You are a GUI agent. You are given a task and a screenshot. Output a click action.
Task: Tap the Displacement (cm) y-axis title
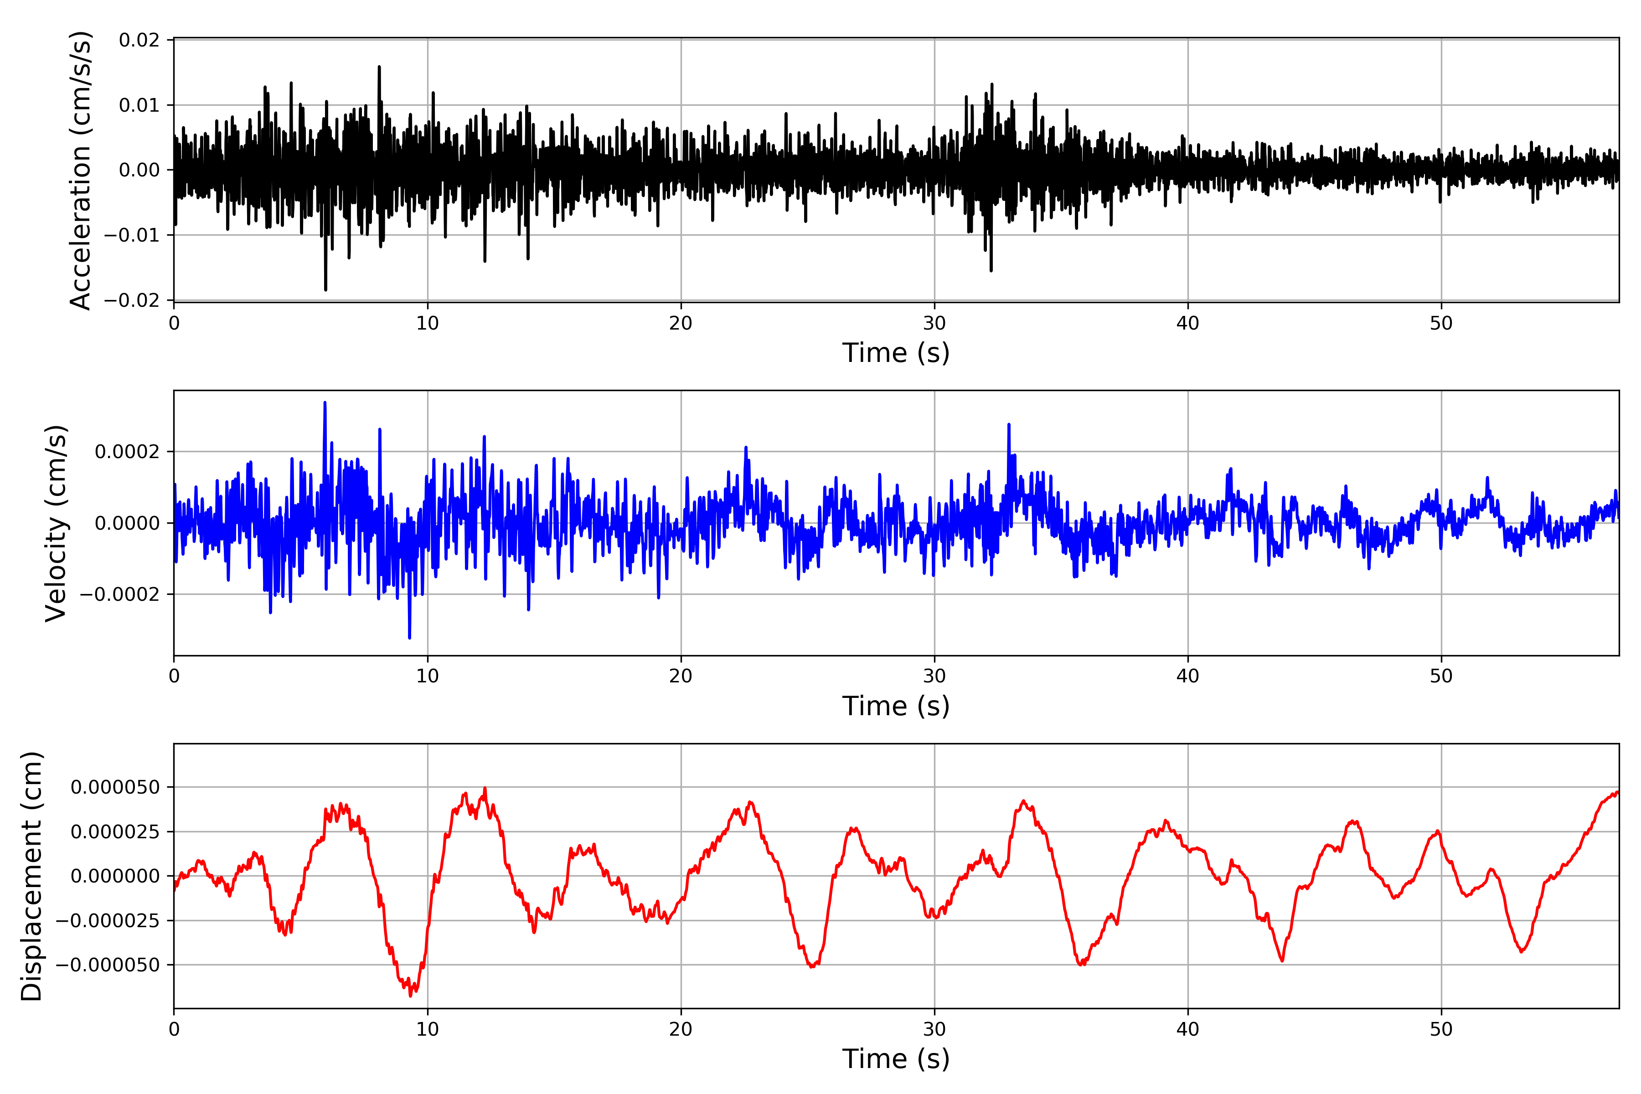[x=31, y=876]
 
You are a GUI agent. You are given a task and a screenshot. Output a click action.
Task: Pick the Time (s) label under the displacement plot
[x=896, y=1059]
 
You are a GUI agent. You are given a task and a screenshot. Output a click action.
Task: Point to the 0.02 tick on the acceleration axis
[x=139, y=41]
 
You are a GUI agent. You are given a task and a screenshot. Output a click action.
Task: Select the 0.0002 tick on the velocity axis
[x=127, y=452]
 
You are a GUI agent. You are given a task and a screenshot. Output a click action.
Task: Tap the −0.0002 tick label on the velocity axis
[x=119, y=594]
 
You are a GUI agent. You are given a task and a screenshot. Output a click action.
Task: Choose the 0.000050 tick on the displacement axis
[x=115, y=788]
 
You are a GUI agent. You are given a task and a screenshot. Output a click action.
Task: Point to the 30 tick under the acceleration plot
[x=934, y=324]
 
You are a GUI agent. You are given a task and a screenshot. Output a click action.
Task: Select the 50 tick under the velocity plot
[x=1441, y=676]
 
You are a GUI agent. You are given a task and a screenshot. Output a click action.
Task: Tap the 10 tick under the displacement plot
[x=428, y=1029]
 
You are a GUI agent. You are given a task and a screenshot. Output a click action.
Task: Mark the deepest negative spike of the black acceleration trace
[x=325, y=289]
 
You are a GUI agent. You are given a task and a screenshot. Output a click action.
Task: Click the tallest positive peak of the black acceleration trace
[x=379, y=67]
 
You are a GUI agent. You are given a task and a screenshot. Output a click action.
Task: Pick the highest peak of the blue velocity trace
[x=325, y=403]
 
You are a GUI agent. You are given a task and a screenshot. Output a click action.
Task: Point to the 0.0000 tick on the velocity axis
[x=127, y=523]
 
